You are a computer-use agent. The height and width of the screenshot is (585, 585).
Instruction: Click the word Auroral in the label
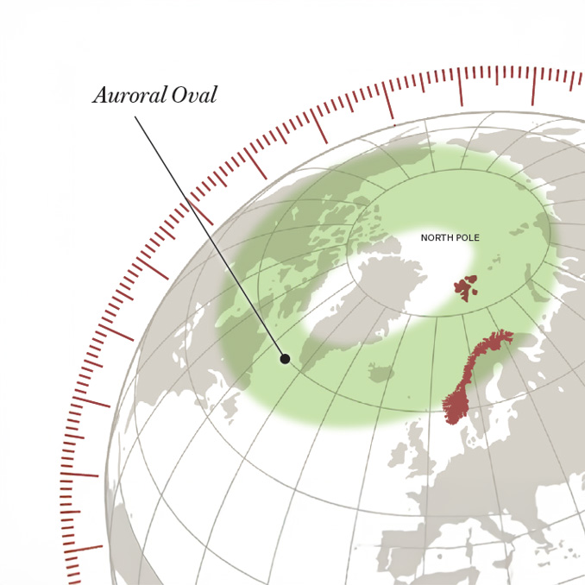point(129,95)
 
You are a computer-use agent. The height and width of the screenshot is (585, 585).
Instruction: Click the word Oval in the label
point(194,95)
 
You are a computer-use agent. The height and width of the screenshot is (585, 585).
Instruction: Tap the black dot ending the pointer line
point(285,358)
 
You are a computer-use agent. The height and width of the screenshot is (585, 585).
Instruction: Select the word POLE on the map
point(467,238)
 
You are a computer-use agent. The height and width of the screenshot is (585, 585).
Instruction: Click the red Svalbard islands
point(467,286)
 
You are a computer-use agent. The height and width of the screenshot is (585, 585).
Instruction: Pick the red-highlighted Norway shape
point(466,380)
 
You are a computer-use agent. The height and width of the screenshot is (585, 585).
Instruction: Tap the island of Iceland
point(381,373)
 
